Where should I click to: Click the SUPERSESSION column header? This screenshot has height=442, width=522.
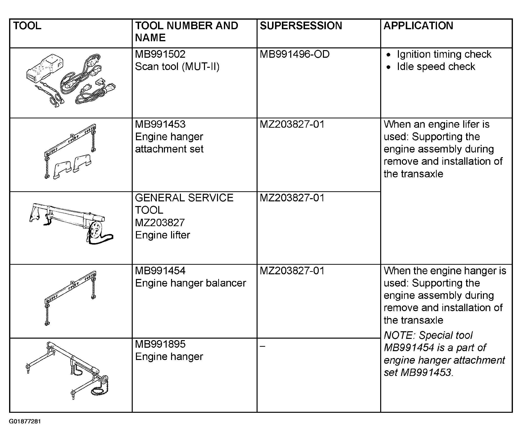(301, 26)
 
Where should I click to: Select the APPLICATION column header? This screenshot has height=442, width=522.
(418, 26)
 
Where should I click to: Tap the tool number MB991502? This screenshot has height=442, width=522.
(160, 54)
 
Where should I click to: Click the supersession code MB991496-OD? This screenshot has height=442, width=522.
(295, 54)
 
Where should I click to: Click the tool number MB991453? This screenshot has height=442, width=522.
(160, 124)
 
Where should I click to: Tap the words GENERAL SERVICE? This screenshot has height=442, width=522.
(184, 198)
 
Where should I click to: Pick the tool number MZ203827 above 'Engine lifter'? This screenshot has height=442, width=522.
(160, 222)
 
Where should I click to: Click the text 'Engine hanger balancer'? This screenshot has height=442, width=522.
(190, 283)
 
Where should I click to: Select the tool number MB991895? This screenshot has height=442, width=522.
(160, 344)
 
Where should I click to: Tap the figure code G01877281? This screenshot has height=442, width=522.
(25, 421)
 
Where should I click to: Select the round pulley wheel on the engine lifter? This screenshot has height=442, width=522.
(96, 230)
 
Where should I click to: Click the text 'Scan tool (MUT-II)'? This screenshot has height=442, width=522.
(177, 67)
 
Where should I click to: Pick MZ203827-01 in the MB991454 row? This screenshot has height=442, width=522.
(292, 271)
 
